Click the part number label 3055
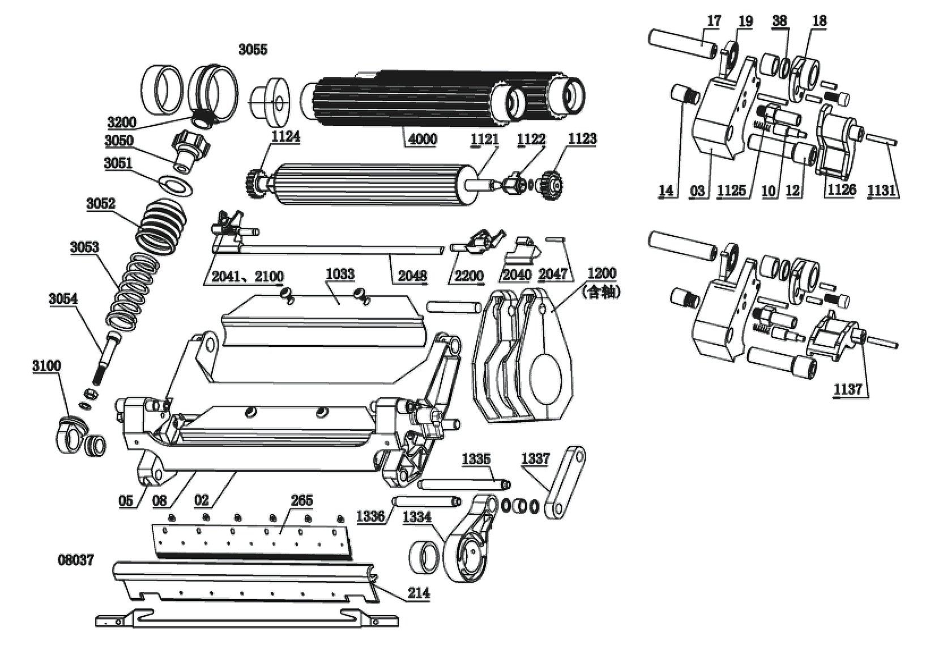[253, 49]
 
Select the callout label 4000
[422, 139]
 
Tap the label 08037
[76, 560]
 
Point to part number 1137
[848, 389]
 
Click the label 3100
[46, 366]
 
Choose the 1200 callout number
[601, 273]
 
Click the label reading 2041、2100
[248, 277]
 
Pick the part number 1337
[535, 459]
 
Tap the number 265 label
[302, 501]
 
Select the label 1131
[882, 190]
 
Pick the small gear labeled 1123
[551, 185]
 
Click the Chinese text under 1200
[601, 292]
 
